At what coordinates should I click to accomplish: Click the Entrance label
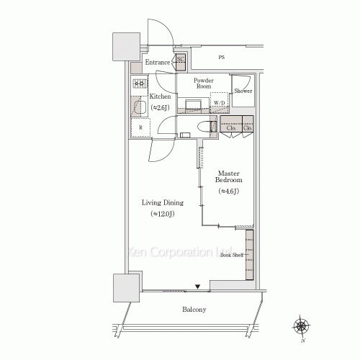157,63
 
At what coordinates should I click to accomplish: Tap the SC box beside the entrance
180,60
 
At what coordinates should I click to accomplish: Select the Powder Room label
204,83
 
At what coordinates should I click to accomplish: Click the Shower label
243,91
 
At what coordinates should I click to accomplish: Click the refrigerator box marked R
140,129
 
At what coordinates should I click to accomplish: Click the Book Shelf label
233,254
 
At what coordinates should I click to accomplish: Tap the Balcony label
194,310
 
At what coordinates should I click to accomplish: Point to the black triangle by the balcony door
198,288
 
